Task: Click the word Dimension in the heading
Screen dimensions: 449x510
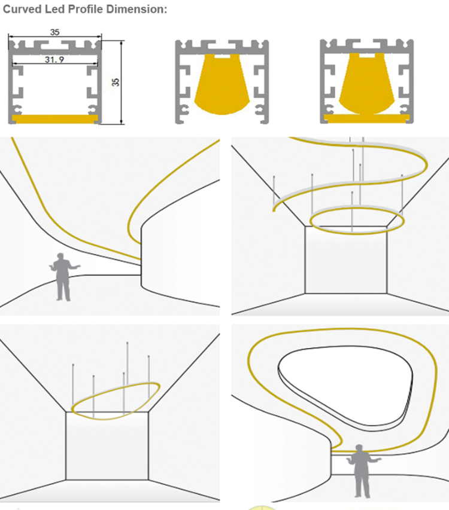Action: tap(136, 9)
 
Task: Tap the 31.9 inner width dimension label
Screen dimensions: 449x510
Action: tap(54, 60)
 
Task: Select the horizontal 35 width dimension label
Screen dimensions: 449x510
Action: tap(54, 32)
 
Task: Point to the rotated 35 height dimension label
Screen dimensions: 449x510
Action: tap(116, 82)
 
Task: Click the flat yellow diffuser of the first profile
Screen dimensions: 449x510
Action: tap(54, 119)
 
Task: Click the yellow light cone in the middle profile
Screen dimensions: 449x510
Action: tap(222, 84)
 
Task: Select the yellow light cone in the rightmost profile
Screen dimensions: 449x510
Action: tap(366, 84)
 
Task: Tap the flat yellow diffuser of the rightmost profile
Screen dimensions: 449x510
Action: tap(366, 118)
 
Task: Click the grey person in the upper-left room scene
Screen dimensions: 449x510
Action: tap(63, 277)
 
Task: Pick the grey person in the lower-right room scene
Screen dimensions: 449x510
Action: tap(362, 471)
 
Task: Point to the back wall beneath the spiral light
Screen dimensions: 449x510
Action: tap(346, 260)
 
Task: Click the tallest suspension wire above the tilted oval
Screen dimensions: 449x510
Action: tap(128, 379)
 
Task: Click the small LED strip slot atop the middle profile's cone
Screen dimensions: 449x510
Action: tap(222, 56)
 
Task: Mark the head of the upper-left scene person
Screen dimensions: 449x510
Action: tap(60, 256)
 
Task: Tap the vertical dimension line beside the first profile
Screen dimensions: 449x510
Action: tap(122, 83)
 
